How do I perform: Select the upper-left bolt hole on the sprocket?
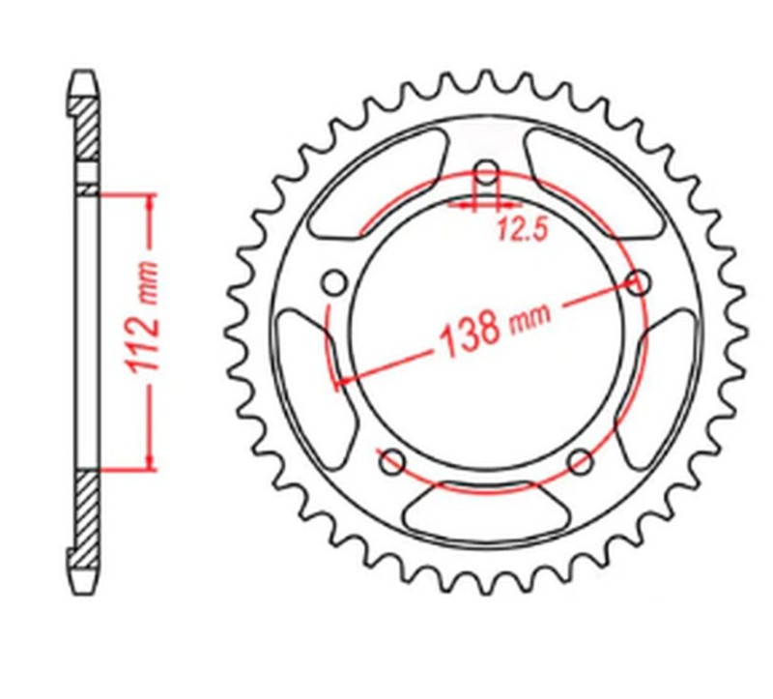pos(334,283)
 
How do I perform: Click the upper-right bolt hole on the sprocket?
pos(638,283)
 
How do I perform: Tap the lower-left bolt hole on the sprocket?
pos(392,461)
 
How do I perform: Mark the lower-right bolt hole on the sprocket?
pos(580,461)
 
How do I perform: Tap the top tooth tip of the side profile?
pos(85,75)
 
